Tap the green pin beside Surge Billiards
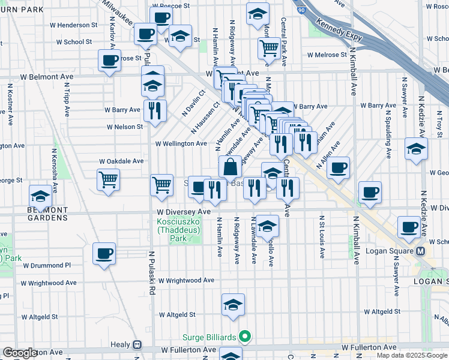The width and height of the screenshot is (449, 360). tap(244, 337)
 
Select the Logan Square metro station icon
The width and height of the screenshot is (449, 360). tap(421, 251)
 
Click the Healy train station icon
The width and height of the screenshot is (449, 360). tap(137, 345)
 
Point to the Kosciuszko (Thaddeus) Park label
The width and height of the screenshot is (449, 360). tap(179, 230)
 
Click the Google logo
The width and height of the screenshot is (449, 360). tap(20, 353)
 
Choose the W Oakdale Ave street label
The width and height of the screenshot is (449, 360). tap(121, 161)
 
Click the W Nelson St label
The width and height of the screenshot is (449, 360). tap(125, 127)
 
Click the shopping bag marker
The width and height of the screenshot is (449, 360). tap(230, 167)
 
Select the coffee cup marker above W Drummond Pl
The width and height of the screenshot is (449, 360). tap(104, 253)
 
